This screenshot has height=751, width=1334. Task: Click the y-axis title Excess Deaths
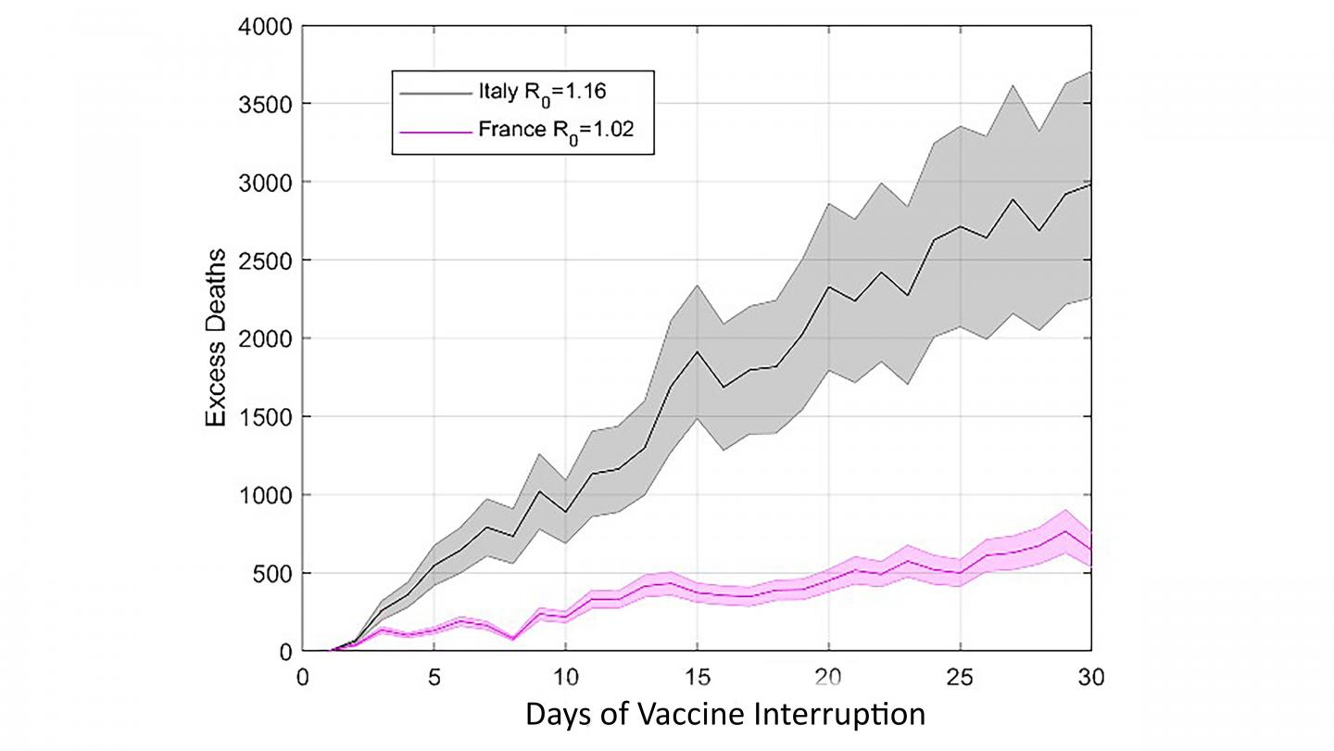coord(216,337)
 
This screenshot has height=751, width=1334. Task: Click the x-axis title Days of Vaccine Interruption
coord(725,715)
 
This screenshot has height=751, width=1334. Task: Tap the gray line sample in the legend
coord(435,93)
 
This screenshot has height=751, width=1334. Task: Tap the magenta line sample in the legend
coord(435,132)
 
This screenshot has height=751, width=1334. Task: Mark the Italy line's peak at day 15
coord(697,351)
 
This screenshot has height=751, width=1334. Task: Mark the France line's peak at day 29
coord(1065,530)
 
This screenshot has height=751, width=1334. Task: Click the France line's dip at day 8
coord(512,638)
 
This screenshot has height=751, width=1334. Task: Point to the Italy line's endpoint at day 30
coord(1091,184)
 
